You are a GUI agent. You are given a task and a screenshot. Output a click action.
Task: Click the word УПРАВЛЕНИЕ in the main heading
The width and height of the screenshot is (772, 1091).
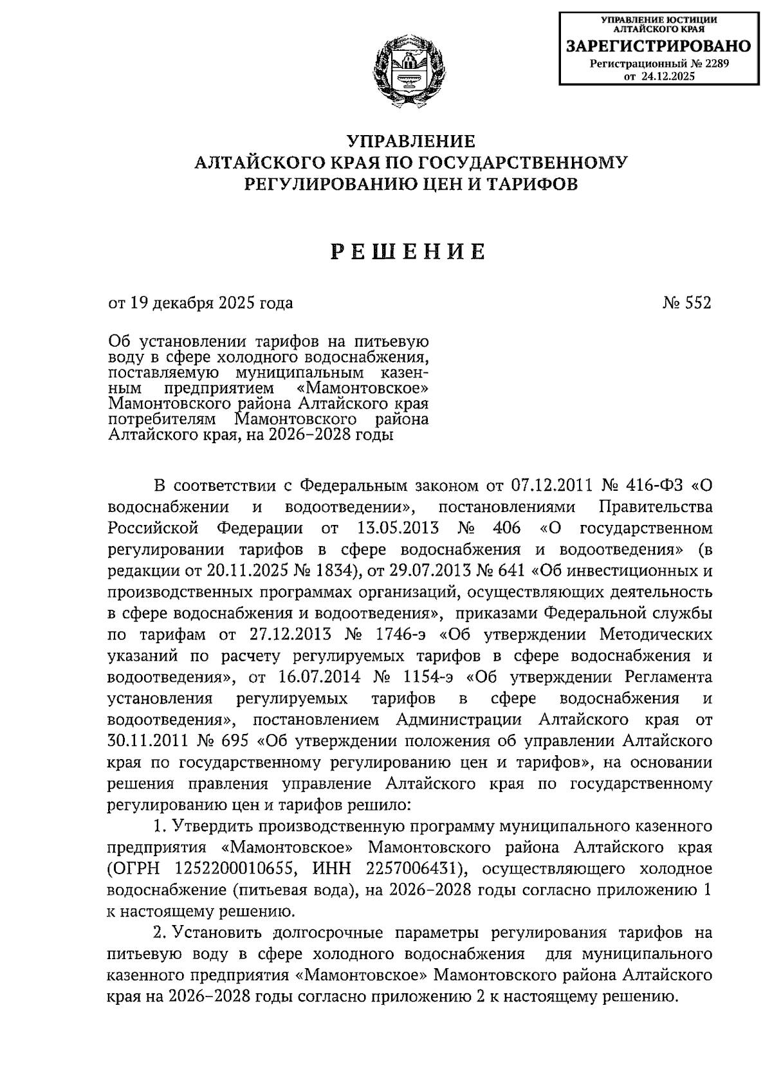coord(411,141)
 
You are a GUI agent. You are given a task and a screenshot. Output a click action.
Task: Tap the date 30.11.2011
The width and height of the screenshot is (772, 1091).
coord(147,741)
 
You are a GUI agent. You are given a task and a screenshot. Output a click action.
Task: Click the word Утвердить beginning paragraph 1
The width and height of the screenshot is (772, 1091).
coord(216,826)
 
